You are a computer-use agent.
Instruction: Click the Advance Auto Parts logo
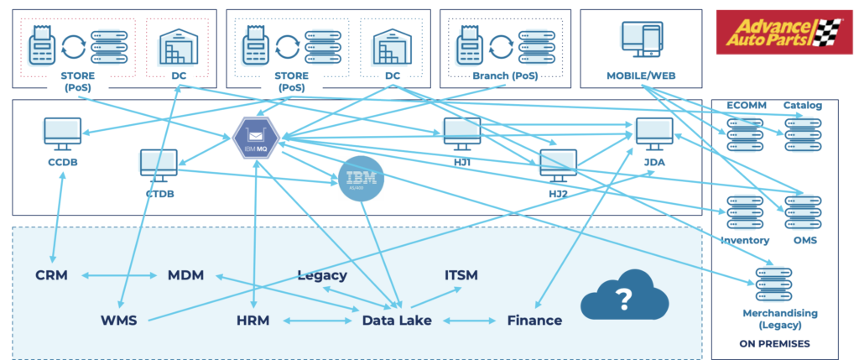click(x=782, y=33)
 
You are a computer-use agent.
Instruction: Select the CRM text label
click(x=52, y=274)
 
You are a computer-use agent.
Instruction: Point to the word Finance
click(x=534, y=320)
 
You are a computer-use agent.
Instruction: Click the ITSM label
click(x=462, y=274)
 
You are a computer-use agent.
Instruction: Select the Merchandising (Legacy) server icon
click(x=773, y=285)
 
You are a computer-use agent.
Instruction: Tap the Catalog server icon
click(x=802, y=133)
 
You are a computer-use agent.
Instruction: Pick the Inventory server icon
click(x=744, y=213)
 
